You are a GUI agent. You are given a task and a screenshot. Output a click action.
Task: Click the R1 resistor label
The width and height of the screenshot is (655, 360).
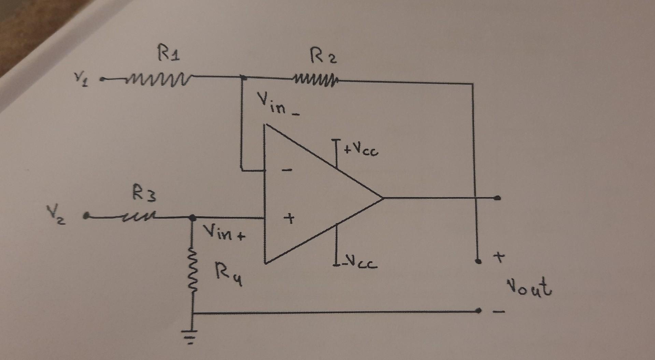tap(169, 55)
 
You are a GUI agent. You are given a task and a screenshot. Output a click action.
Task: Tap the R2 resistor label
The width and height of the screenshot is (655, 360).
tap(323, 56)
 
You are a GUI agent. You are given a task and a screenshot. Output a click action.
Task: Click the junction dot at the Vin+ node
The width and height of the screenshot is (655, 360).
tap(193, 217)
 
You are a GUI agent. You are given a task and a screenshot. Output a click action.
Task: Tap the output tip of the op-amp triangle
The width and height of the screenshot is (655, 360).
tap(382, 197)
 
